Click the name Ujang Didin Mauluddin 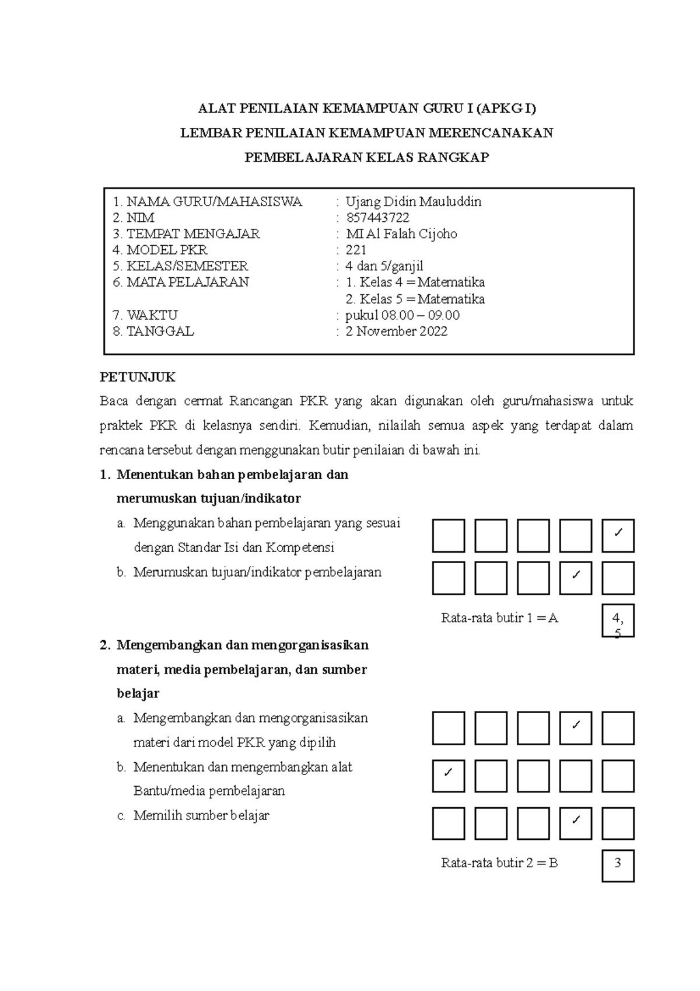tap(413, 202)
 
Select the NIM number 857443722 tap(377, 218)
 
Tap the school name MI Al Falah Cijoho tap(401, 234)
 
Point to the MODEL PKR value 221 tap(356, 250)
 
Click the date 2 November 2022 tap(396, 332)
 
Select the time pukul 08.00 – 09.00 tap(402, 315)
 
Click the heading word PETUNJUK tap(138, 377)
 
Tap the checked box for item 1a tap(618, 536)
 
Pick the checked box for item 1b tap(576, 578)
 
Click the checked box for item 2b tap(449, 776)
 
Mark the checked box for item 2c tap(576, 823)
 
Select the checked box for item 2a tap(576, 728)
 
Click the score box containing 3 tap(618, 866)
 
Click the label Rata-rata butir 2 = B tap(499, 863)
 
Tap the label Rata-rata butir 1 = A tap(499, 618)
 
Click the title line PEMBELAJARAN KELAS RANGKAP tap(366, 158)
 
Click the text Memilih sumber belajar tap(201, 815)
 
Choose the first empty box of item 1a tap(449, 536)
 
